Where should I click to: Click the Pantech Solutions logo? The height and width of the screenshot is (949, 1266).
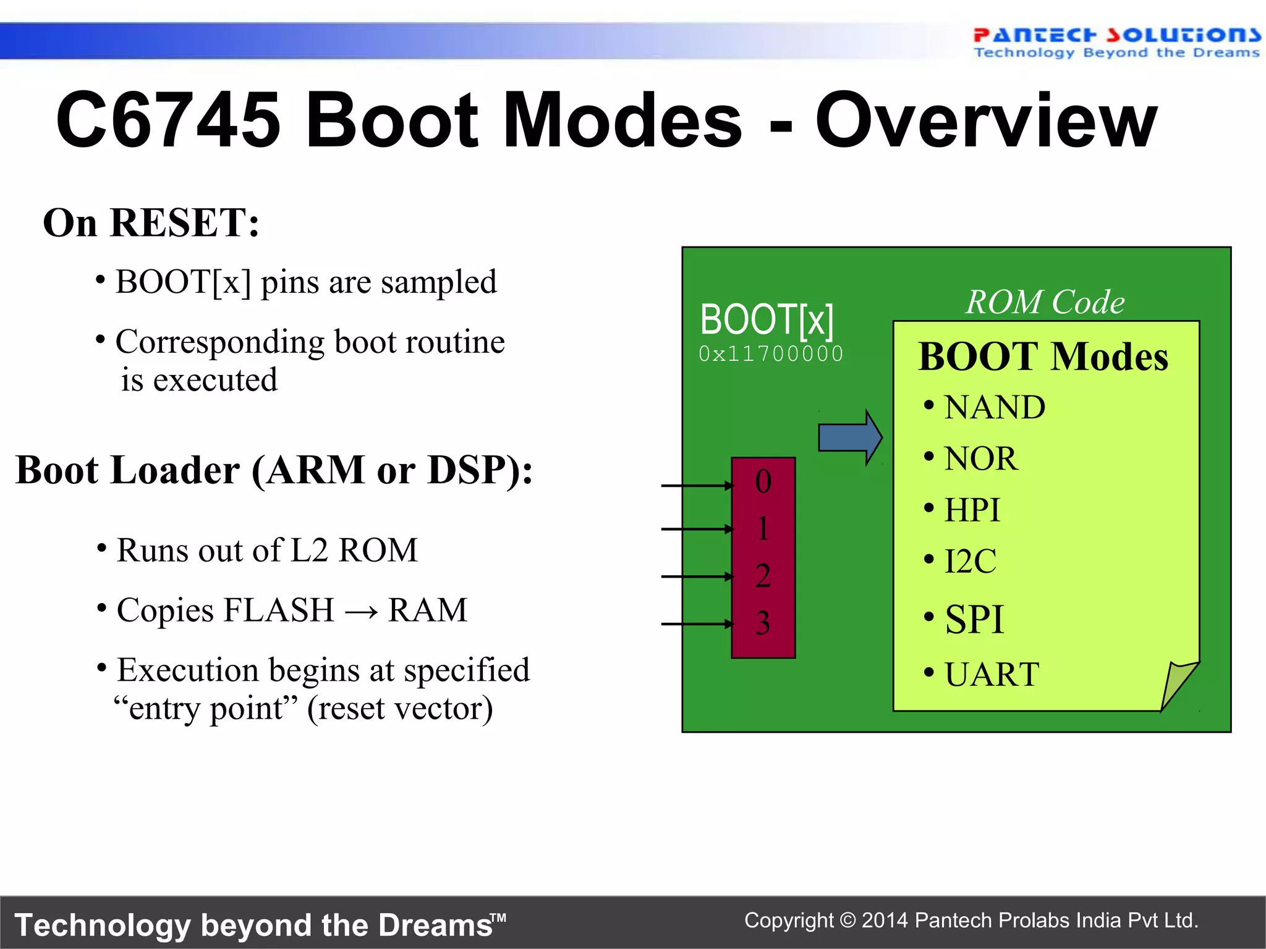coord(1115,42)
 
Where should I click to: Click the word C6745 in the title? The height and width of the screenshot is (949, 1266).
coord(168,120)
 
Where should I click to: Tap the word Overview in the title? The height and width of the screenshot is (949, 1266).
coord(986,120)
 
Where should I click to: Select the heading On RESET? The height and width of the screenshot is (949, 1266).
coord(151,223)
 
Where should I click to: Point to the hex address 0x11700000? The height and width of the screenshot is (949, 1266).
coord(771,354)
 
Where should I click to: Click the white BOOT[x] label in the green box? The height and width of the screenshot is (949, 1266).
coord(767,320)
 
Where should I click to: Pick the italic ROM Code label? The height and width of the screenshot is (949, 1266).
coord(1045,302)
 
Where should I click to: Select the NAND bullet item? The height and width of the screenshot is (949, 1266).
coord(993,408)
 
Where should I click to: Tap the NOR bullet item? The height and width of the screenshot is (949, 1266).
coord(980,459)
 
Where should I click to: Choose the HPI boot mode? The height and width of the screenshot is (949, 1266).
coord(971,510)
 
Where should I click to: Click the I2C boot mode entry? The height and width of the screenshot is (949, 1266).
coord(970,562)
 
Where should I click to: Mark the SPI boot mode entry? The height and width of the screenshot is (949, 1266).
coord(974,619)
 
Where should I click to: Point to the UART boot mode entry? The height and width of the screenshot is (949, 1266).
coord(991,674)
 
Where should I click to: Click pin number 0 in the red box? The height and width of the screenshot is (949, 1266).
coord(763,482)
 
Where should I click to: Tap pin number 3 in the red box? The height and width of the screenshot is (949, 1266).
coord(763,623)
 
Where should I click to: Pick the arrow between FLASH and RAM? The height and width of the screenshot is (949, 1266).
coord(361,612)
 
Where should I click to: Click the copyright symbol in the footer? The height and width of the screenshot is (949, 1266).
coord(848,921)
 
